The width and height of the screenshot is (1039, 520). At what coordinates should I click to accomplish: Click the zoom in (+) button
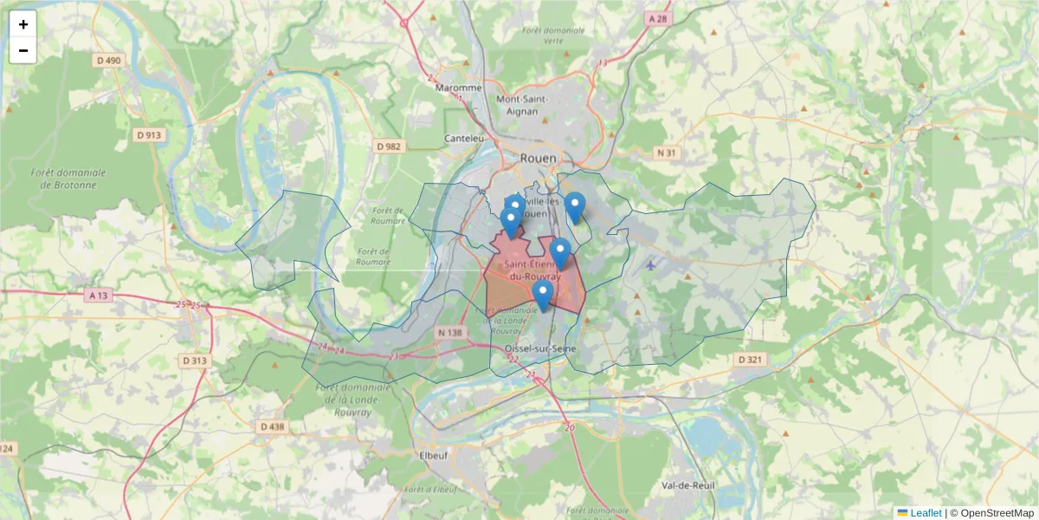23,24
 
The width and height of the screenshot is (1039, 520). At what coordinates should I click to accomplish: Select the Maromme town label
458,88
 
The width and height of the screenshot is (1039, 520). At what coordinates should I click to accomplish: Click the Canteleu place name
463,138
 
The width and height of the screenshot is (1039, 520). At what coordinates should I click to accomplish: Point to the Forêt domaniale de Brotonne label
68,179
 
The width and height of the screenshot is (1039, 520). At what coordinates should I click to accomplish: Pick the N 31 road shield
665,153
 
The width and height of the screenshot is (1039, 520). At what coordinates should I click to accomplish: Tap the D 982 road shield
390,146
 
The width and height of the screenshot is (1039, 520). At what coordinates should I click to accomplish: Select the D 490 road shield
109,60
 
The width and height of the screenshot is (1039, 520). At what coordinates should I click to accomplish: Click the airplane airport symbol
650,265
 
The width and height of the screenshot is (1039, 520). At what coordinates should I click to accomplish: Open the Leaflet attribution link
926,513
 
